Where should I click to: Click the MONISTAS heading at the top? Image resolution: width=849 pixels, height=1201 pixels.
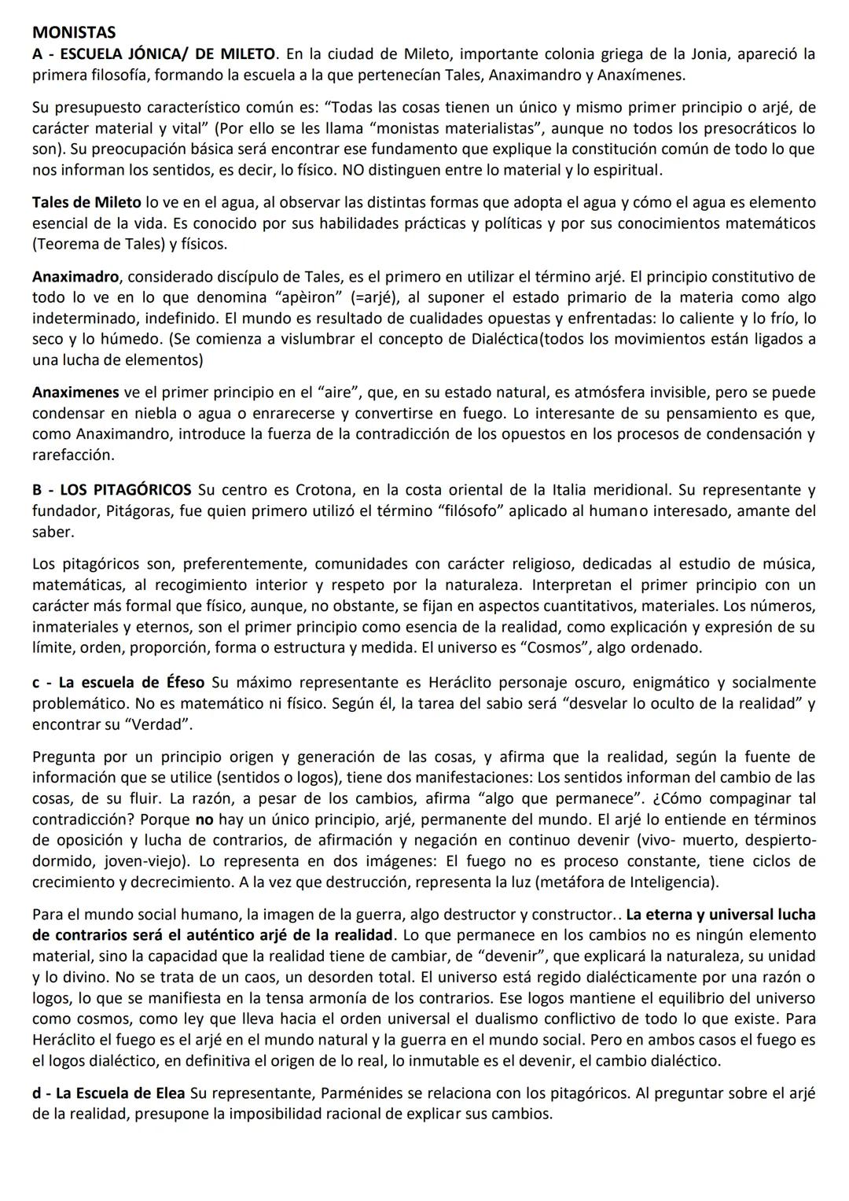tap(74, 33)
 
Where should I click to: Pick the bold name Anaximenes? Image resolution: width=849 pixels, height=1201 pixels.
tap(75, 392)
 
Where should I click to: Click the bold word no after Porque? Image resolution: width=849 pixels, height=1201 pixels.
tap(204, 820)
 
